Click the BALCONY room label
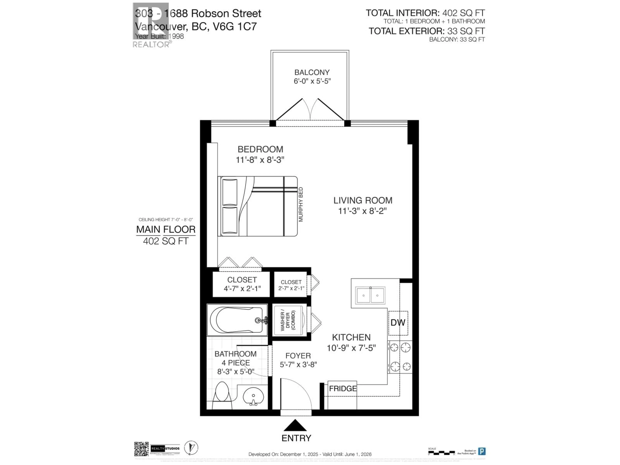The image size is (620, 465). [x=312, y=72]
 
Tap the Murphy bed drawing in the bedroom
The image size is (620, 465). [x=257, y=206]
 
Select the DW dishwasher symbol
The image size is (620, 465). [x=398, y=323]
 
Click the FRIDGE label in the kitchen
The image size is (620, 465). [x=342, y=388]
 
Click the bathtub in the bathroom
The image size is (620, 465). [x=237, y=320]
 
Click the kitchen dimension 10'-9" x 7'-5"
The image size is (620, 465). [x=351, y=348]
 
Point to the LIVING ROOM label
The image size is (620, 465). [x=363, y=200]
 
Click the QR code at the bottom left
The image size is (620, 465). [x=141, y=449]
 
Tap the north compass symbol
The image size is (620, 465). [x=191, y=448]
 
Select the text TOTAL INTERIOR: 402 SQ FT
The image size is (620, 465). [x=425, y=13]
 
